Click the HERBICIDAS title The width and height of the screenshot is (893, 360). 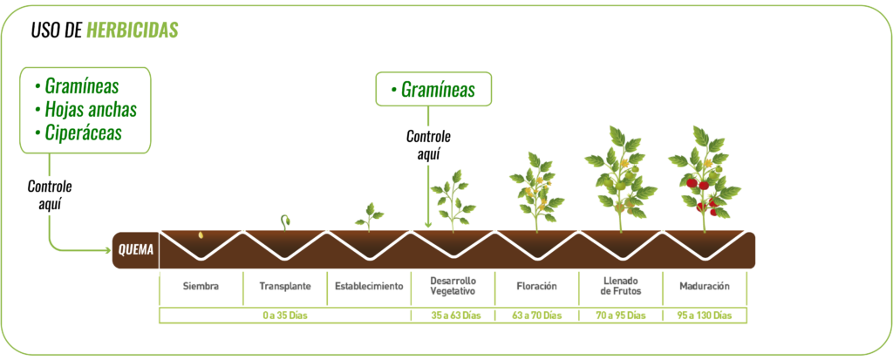[133, 31]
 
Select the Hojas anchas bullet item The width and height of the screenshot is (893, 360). [85, 111]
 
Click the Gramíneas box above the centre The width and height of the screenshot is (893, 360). [433, 89]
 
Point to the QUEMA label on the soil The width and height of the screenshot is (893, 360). [136, 250]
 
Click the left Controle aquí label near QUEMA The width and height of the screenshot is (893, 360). [49, 194]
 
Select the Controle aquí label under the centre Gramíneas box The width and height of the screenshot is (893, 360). [428, 145]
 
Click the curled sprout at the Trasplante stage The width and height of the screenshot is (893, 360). [284, 221]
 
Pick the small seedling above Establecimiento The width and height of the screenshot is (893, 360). [370, 214]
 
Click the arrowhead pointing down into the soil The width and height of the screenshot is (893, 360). [427, 225]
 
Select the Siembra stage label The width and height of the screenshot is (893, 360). [200, 285]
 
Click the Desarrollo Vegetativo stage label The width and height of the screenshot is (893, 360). [452, 285]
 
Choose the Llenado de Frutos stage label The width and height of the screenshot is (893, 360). [620, 285]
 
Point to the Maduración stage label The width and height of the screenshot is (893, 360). [704, 285]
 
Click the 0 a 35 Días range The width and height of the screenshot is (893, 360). [284, 315]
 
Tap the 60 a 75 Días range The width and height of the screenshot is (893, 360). [535, 315]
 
